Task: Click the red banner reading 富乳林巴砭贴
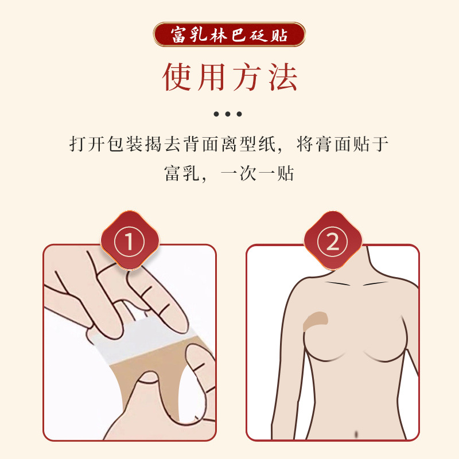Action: tap(229, 34)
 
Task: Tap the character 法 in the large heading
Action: tap(283, 77)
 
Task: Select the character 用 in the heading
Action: tap(212, 77)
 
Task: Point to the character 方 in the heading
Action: tap(247, 77)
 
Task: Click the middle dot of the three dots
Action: tap(228, 114)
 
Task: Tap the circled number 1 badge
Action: tap(130, 241)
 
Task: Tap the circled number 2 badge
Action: tap(333, 241)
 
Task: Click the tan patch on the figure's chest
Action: tap(314, 321)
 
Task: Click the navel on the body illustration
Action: tap(356, 434)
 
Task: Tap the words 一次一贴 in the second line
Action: tap(258, 173)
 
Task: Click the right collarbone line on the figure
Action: tap(376, 283)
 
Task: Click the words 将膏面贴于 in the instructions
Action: tap(343, 144)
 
